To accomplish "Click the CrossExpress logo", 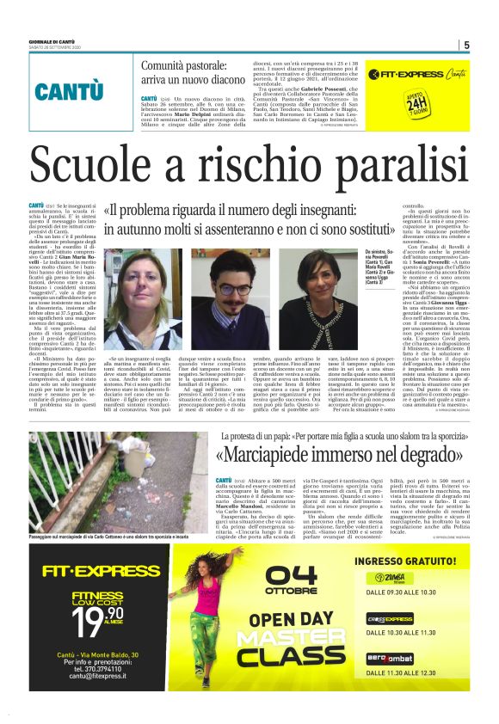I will tap(403, 618).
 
